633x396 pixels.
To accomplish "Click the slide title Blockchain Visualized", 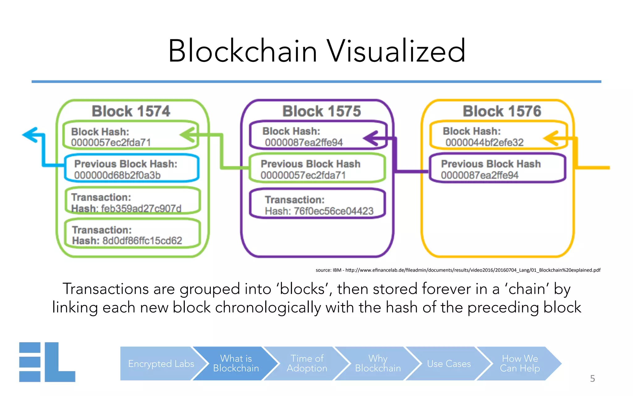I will tap(316, 51).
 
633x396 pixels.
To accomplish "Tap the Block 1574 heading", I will tap(131, 111).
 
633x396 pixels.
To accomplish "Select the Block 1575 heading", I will tap(321, 111).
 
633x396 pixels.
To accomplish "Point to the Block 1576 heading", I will tap(502, 111).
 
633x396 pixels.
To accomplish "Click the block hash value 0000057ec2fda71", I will tap(111, 143).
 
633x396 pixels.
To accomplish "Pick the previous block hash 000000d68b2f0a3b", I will tap(117, 175).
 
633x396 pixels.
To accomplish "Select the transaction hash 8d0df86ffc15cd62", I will tap(142, 241).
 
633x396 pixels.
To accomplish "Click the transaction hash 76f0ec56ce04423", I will tap(333, 211).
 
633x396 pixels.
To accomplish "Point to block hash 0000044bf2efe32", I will tap(484, 143).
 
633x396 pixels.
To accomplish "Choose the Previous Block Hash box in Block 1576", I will tap(497, 169).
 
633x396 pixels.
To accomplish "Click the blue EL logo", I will tap(47, 362).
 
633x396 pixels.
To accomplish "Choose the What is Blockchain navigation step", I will tap(236, 363).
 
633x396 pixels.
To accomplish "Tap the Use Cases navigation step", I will tap(449, 364).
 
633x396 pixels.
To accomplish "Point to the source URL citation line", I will tap(458, 270).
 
